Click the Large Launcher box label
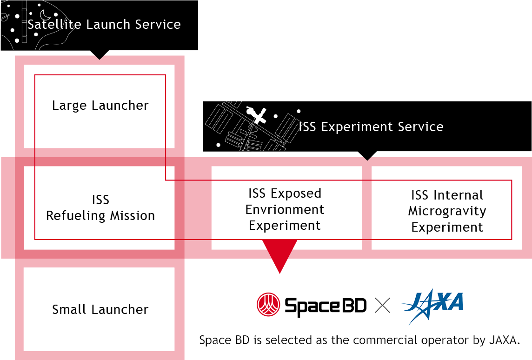point(100,106)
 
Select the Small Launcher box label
point(100,309)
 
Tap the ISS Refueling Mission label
point(100,207)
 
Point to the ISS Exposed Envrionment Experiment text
point(285,209)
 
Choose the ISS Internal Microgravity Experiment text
point(447,211)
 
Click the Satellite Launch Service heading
point(104,25)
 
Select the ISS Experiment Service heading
point(371,127)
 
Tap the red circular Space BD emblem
point(268,304)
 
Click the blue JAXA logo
point(433,306)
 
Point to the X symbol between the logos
point(382,305)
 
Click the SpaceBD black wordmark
point(326,306)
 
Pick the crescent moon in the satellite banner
point(46,15)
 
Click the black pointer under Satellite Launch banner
point(100,54)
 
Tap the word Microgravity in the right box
point(447,211)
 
